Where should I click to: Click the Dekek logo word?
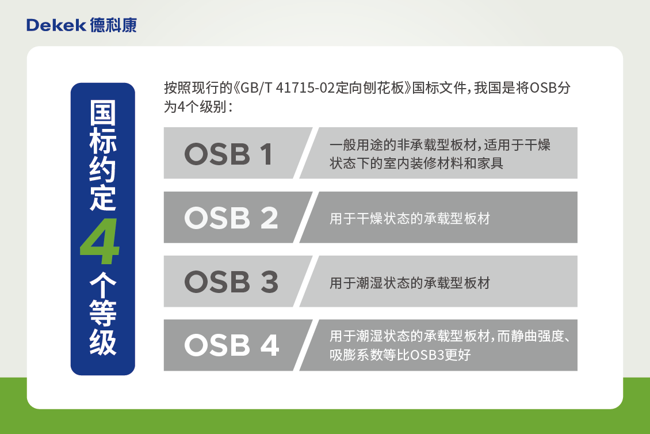point(56,25)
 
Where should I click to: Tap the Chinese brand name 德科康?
point(113,25)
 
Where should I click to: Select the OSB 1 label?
point(228,154)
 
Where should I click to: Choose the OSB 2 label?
point(231,218)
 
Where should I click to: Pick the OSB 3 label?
point(231,281)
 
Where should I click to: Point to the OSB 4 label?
point(231,345)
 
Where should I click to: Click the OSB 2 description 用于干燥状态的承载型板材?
point(410,219)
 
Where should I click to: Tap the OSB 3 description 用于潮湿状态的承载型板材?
point(410,283)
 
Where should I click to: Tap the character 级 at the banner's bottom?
point(102,344)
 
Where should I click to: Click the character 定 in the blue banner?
point(102,199)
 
